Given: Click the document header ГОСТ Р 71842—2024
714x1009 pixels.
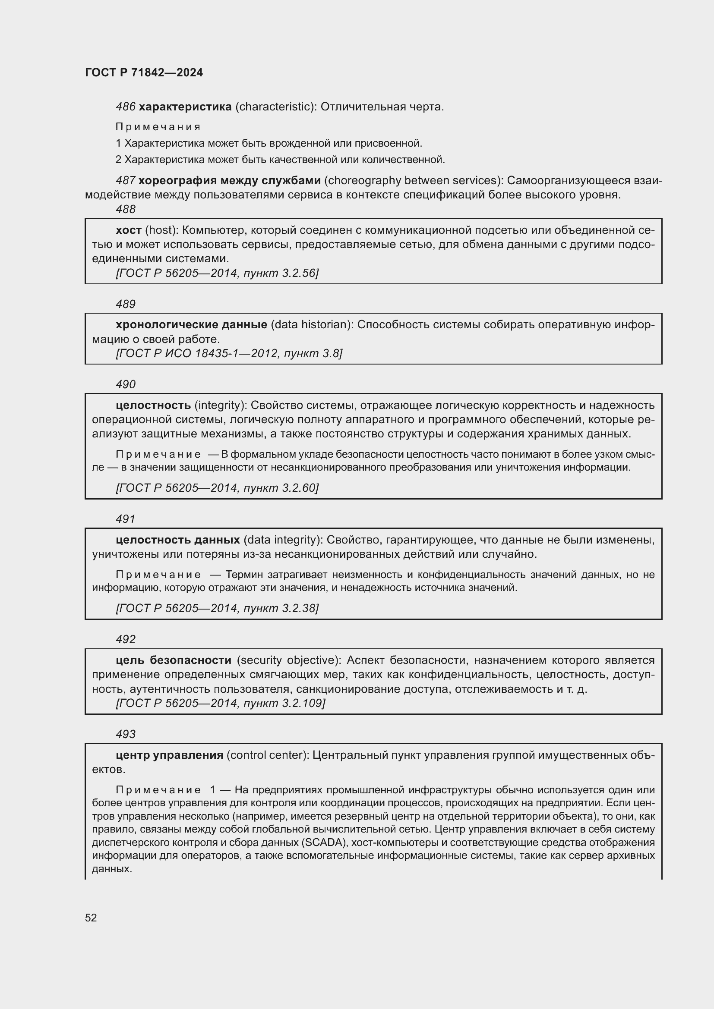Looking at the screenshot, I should point(144,72).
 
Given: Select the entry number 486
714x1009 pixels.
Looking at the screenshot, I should point(125,107).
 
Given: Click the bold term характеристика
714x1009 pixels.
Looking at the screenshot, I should point(185,107).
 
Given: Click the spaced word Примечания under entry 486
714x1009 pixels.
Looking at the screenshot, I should point(158,127).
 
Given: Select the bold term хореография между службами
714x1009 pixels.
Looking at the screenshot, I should point(230,181).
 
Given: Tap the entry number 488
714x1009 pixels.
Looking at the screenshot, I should point(125,210).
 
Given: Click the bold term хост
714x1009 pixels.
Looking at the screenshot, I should point(128,230).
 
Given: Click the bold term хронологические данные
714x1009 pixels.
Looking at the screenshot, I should point(191,325).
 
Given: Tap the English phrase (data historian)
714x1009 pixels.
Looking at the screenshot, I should point(312,325).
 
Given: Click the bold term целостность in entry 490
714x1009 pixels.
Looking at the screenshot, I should point(153,405).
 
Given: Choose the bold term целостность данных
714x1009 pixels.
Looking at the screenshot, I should point(177,540).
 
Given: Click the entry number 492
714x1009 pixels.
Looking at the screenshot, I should point(125,639).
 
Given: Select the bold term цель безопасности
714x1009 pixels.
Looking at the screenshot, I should point(173,660).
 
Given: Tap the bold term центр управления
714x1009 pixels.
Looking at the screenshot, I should point(169,755).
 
